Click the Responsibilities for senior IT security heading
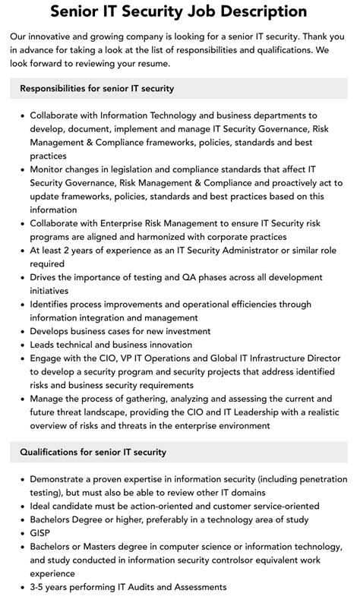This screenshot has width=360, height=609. click(x=97, y=88)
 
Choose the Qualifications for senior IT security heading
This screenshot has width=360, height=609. click(x=93, y=453)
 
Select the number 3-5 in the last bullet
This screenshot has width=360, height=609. click(x=39, y=586)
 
